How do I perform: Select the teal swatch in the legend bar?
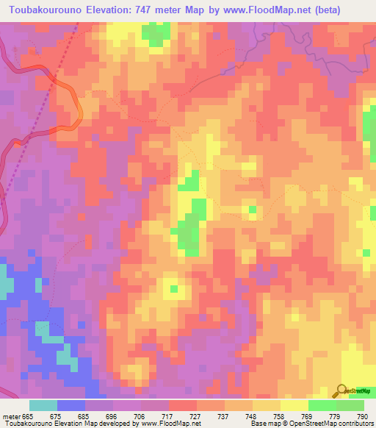click(43, 405)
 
